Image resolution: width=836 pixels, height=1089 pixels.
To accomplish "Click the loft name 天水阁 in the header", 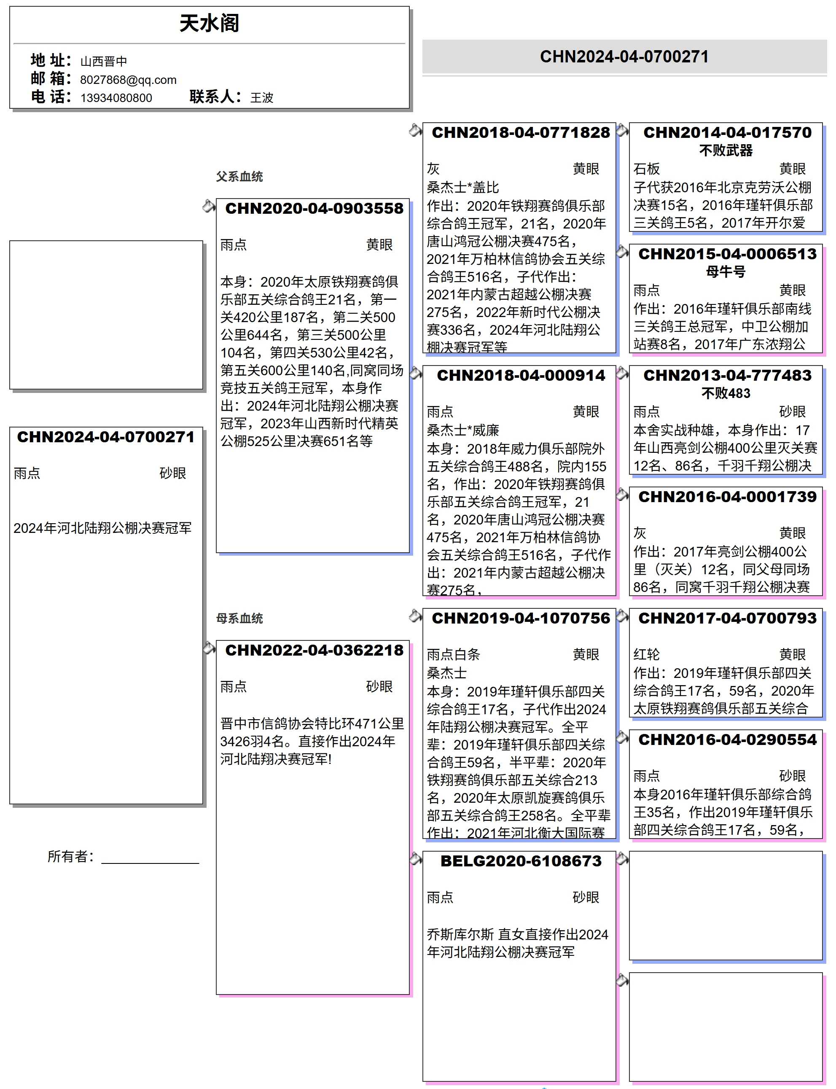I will (209, 23).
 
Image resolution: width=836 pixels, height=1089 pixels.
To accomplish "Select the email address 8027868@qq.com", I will (128, 80).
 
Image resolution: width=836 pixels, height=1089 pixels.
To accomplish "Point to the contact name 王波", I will (262, 97).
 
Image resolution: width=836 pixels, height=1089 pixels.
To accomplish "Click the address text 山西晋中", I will (104, 61).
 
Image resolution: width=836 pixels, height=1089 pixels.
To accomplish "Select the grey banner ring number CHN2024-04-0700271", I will (624, 57).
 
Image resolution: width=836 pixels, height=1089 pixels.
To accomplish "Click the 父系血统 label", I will (239, 177).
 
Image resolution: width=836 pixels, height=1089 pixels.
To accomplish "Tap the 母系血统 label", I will (239, 618).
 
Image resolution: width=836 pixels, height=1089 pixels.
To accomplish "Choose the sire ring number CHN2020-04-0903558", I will (314, 208).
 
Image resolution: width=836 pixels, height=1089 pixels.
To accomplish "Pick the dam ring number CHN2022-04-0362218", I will (314, 650).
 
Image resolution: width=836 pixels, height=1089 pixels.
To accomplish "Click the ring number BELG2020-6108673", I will (521, 861).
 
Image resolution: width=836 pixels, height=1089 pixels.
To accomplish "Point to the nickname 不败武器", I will (726, 151).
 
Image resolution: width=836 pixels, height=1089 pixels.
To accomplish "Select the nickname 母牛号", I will (726, 272).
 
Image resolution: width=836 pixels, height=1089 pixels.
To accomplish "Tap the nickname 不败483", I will (726, 393).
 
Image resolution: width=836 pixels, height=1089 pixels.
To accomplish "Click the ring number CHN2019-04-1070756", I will (521, 618).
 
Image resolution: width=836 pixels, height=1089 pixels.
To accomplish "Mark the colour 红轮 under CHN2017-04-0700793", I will (646, 654).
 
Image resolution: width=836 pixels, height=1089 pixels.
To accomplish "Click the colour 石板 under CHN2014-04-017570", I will (646, 169).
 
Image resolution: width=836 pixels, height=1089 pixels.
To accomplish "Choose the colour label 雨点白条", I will (453, 654).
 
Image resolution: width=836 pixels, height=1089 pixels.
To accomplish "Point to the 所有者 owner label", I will (70, 857).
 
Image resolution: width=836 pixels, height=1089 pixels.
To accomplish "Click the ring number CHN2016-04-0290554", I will (727, 739).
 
